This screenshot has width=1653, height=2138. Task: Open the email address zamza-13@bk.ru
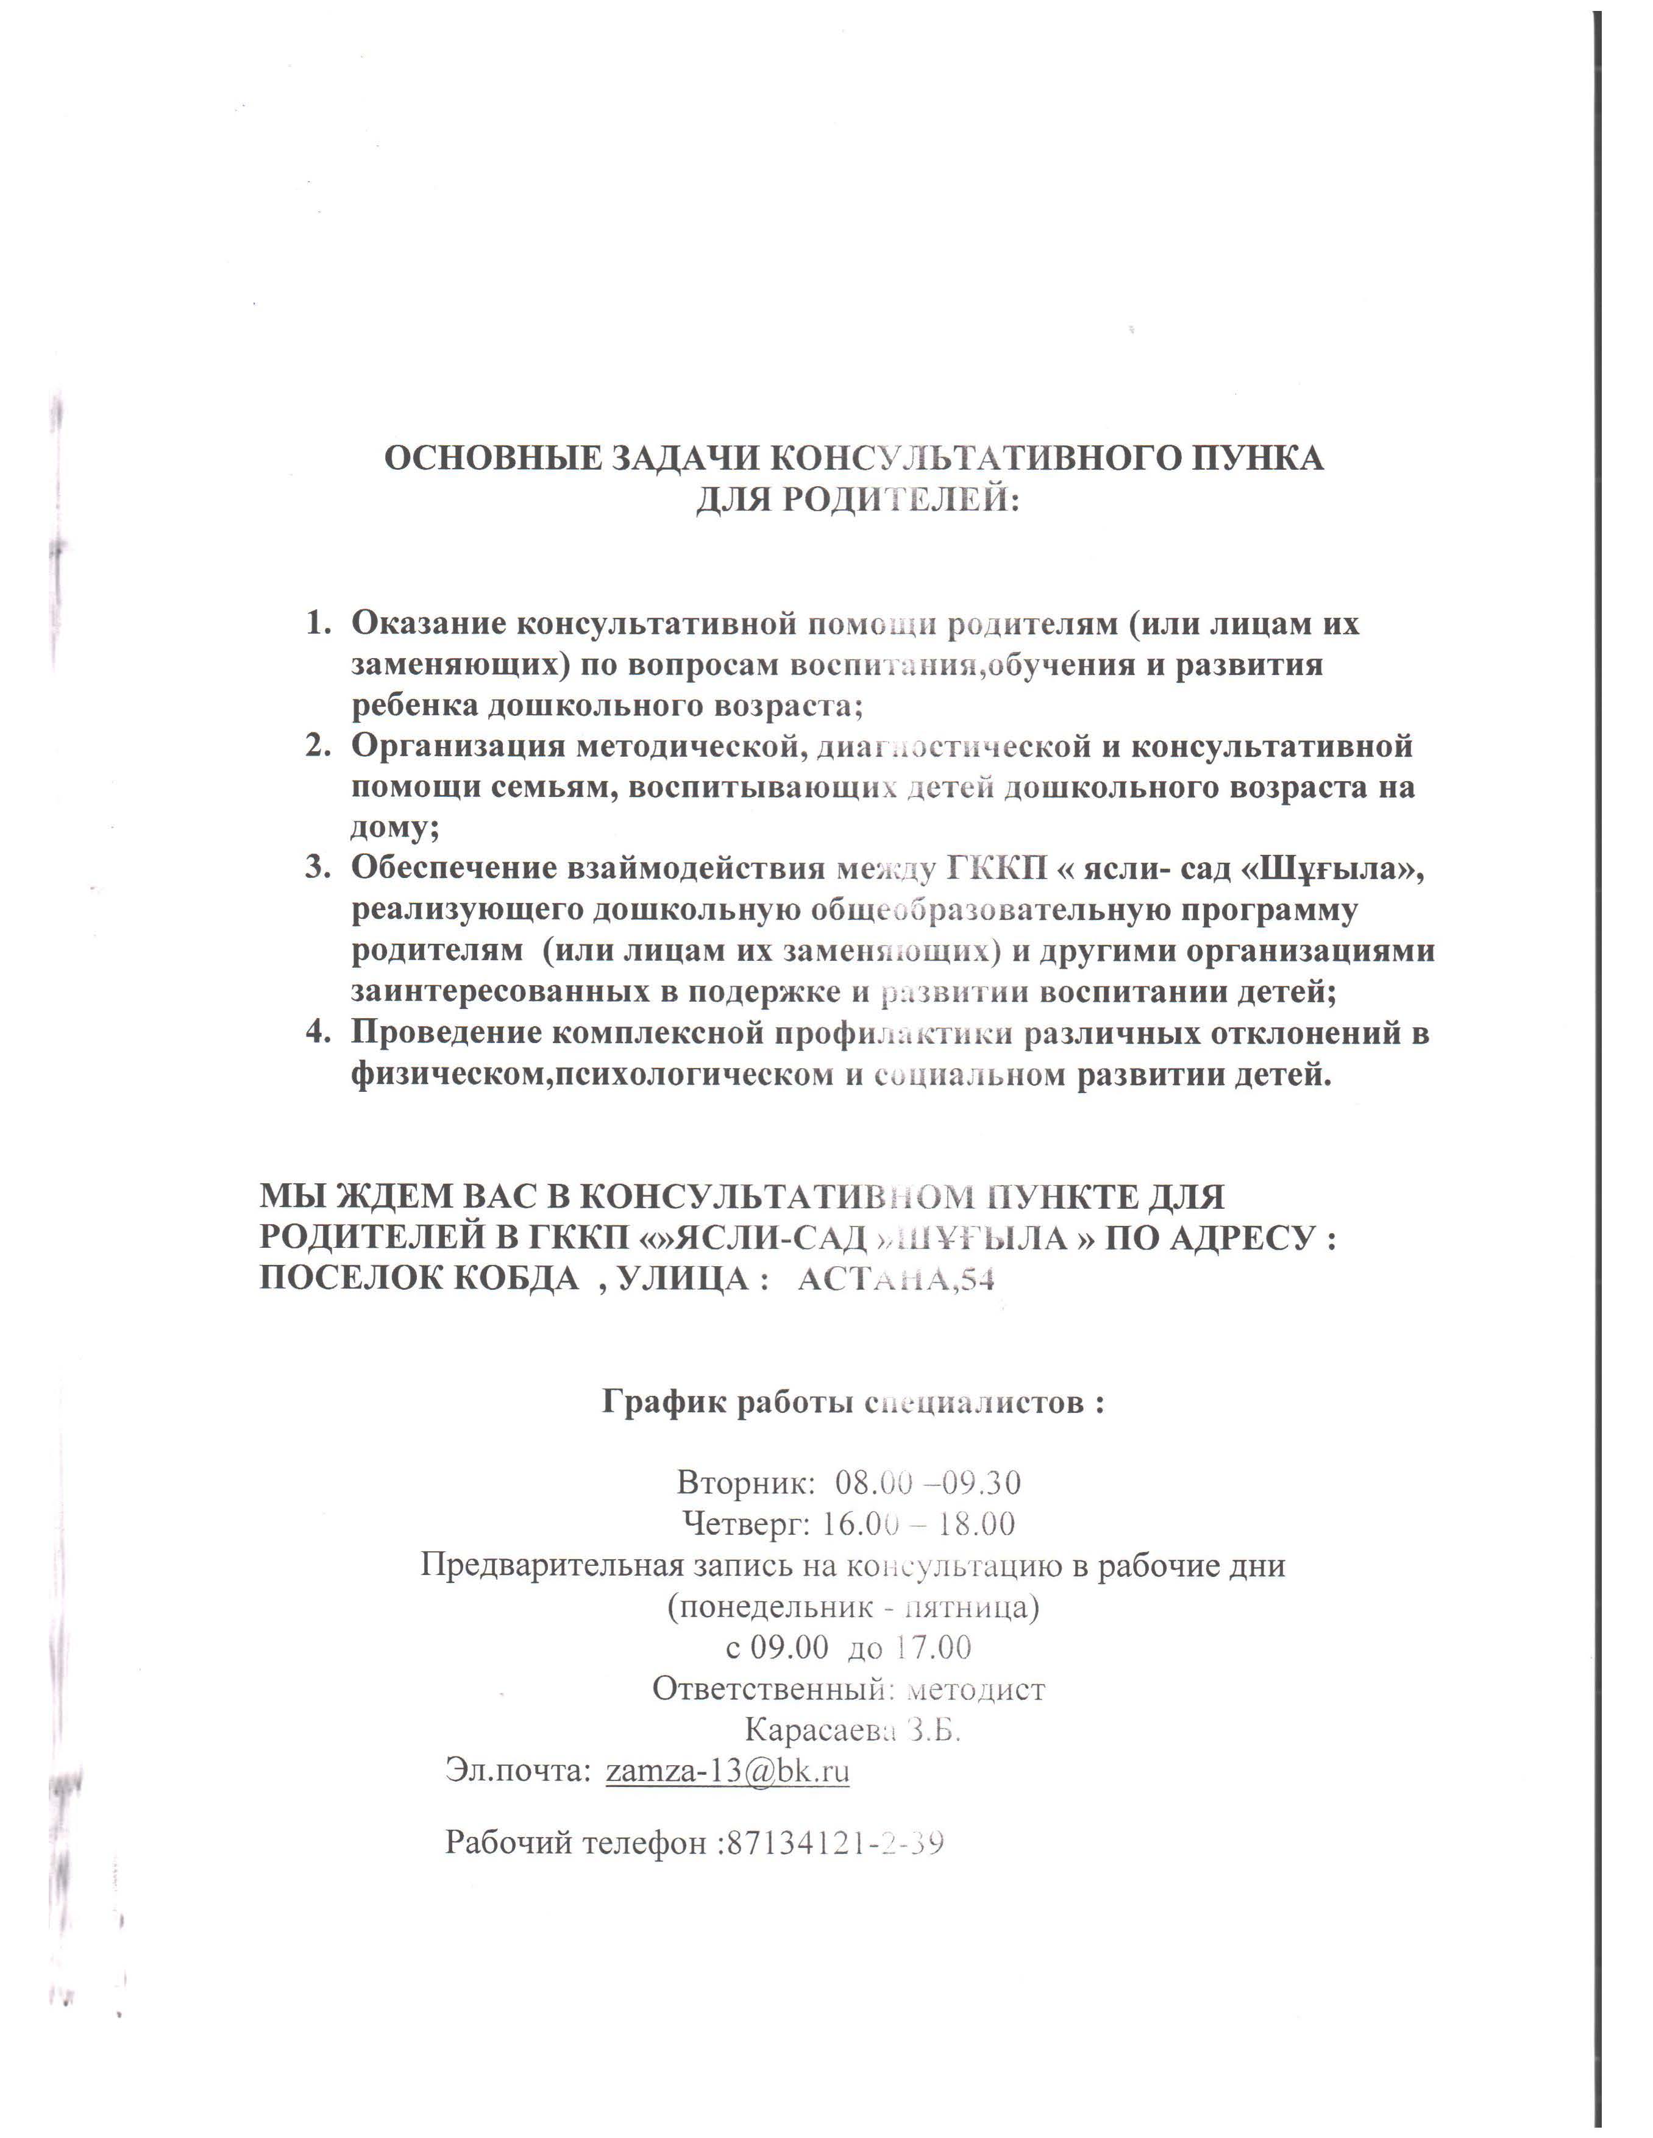(x=728, y=1771)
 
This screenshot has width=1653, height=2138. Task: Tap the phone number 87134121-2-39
(x=833, y=1842)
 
